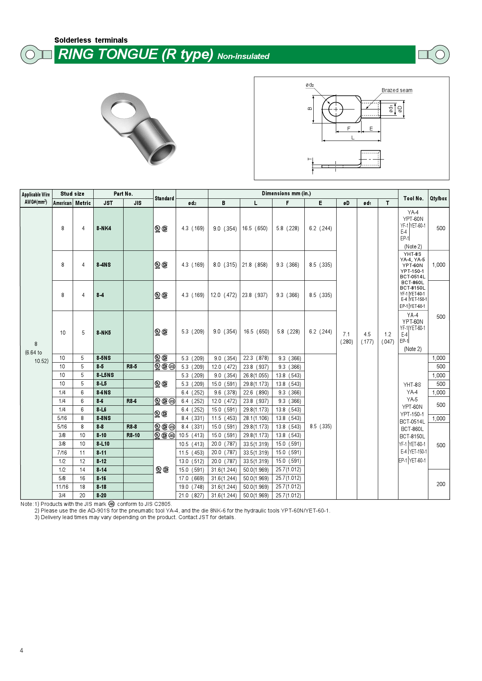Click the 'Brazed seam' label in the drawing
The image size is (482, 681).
396,90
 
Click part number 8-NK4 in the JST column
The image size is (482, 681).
104,228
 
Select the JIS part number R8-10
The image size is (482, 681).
133,435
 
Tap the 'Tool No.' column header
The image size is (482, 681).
413,198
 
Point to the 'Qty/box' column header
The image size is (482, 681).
438,198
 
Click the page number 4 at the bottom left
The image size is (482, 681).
21,650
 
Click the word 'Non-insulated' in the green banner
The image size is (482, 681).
243,56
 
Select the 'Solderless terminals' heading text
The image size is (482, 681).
91,40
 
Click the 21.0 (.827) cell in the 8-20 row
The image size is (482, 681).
192,495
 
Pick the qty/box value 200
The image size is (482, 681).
440,484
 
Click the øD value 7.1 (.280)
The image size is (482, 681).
346,338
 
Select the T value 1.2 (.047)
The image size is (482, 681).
388,338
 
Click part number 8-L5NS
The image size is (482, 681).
105,375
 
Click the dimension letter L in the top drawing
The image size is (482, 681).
353,137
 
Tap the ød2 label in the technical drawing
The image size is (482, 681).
309,85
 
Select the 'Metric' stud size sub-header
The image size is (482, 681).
83,203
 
